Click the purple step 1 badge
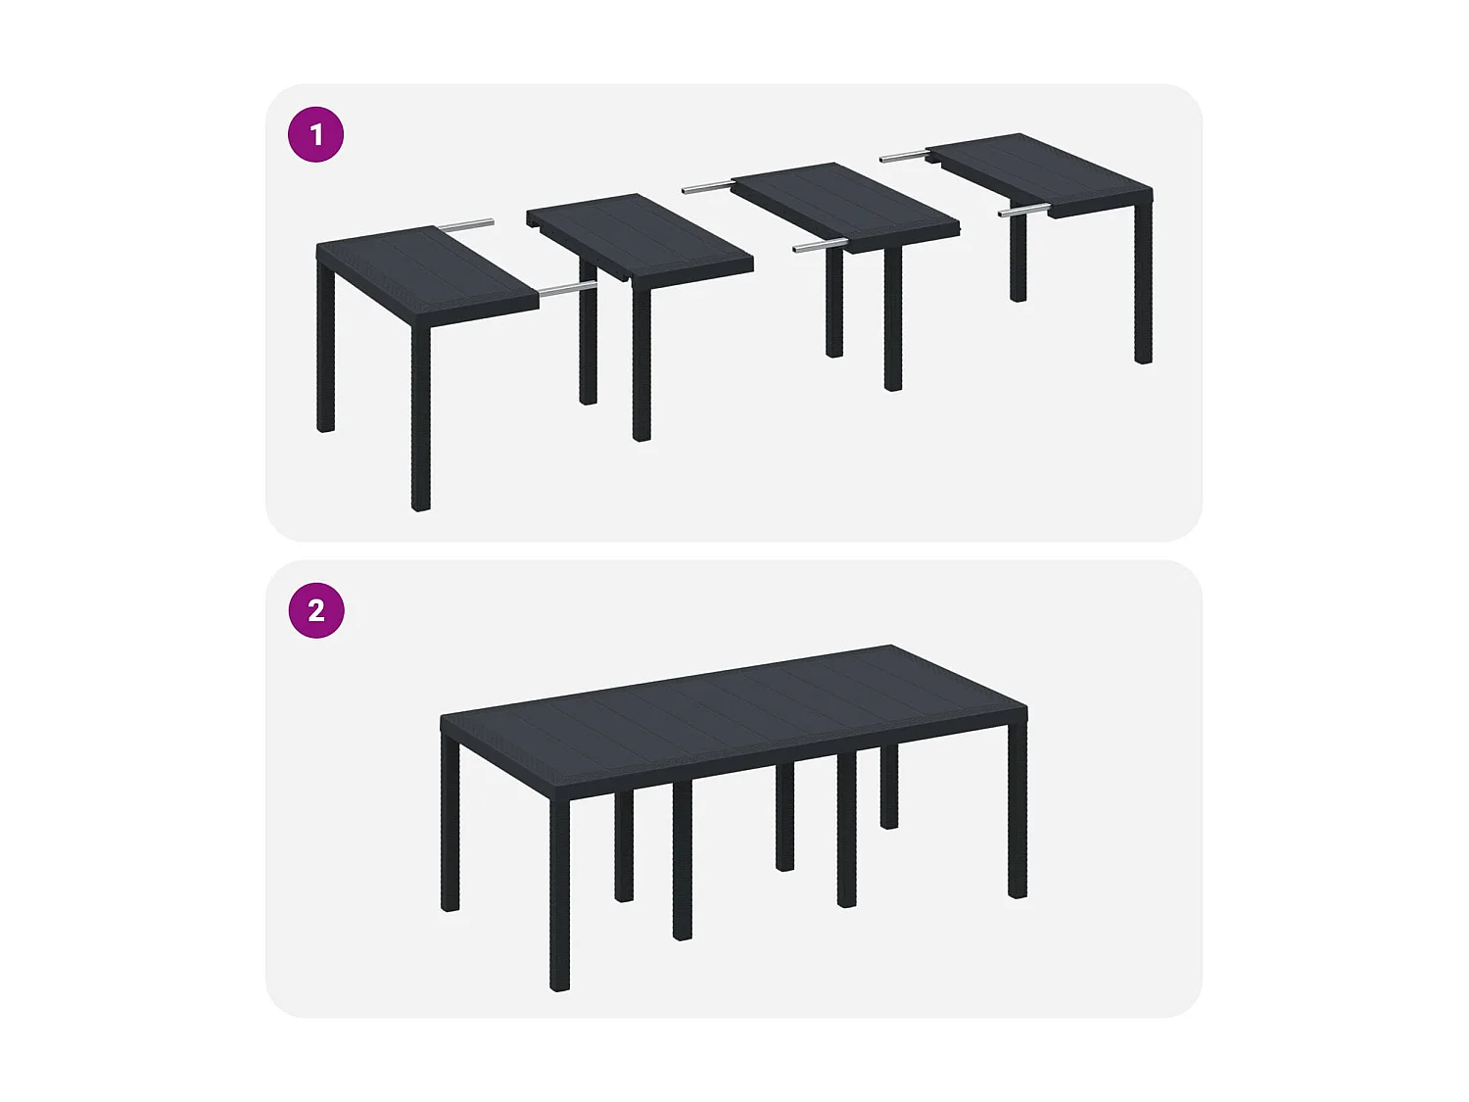315,134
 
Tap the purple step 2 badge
315,610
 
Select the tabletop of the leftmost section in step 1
426,271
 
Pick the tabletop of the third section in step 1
844,204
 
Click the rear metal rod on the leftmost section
467,225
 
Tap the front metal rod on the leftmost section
568,289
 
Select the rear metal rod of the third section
707,186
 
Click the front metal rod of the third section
820,246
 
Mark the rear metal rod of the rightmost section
903,155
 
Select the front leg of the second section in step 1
641,362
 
